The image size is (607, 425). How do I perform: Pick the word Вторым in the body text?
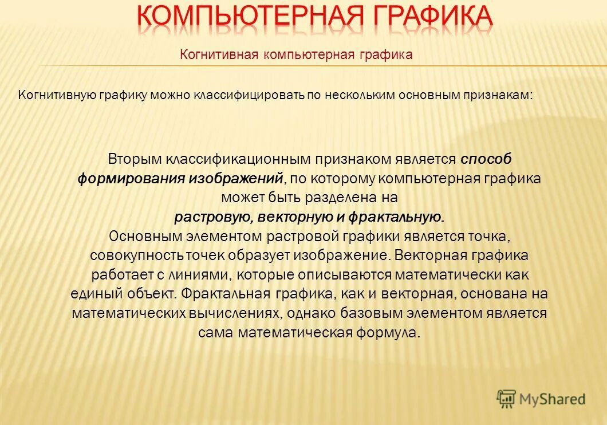tap(135, 159)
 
